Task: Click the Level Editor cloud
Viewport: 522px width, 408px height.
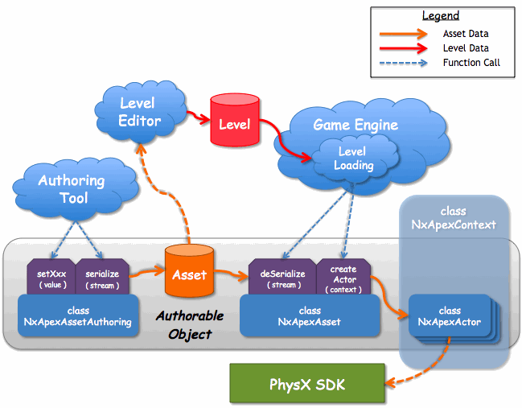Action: (x=140, y=111)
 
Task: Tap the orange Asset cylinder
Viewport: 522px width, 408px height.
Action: (x=189, y=274)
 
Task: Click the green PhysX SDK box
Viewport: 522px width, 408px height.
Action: (x=306, y=385)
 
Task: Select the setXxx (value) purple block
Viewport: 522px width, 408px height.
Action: (x=51, y=278)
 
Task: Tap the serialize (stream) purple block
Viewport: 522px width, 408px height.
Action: (x=102, y=278)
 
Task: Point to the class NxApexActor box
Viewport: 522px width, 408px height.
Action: (x=450, y=316)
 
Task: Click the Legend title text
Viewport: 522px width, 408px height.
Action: (x=441, y=16)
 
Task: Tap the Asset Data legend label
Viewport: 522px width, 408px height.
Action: (x=465, y=34)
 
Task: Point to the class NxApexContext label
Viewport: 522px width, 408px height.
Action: (x=454, y=218)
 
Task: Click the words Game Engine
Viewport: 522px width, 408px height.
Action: (x=355, y=125)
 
